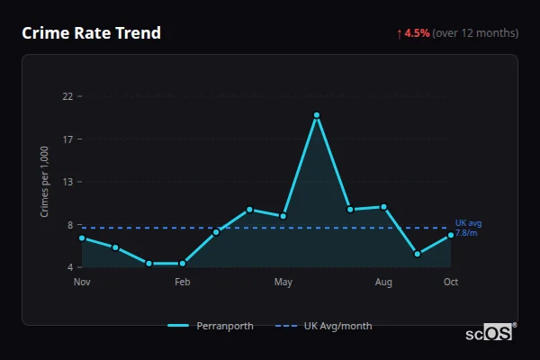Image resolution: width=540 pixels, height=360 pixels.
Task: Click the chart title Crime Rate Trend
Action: click(x=91, y=33)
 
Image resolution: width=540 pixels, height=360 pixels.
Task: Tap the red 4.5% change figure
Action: click(x=417, y=33)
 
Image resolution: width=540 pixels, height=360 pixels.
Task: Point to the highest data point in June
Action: click(x=317, y=115)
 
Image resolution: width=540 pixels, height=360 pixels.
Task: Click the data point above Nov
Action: click(x=82, y=238)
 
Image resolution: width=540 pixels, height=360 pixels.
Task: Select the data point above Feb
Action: click(x=183, y=264)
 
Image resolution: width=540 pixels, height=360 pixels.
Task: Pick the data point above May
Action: click(x=283, y=216)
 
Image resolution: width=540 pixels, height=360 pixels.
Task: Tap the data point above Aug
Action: click(x=383, y=207)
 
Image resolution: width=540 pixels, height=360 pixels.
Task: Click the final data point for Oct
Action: click(x=451, y=235)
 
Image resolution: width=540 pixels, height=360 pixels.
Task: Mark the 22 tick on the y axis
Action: click(x=67, y=96)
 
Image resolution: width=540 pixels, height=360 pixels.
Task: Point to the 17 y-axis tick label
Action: click(x=67, y=139)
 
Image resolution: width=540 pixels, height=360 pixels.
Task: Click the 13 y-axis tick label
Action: click(x=67, y=182)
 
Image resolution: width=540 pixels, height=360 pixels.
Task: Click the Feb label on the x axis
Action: click(x=183, y=283)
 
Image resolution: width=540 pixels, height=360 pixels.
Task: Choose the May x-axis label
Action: click(x=283, y=283)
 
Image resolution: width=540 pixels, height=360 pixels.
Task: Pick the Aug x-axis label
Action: click(x=383, y=283)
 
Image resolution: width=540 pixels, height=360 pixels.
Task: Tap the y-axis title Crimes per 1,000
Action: click(x=45, y=182)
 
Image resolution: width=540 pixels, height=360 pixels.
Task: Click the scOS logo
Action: click(x=489, y=332)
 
